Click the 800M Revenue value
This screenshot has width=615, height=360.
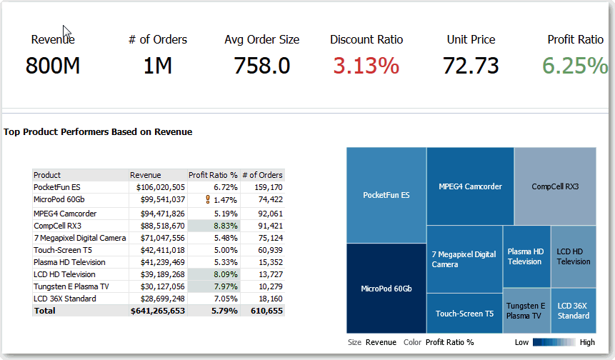[x=53, y=66]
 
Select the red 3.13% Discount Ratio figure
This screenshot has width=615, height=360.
[x=366, y=66]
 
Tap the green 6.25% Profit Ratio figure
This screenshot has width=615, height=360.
[x=574, y=66]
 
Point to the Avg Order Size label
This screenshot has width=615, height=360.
[x=261, y=40]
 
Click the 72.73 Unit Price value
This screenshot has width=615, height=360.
[x=471, y=66]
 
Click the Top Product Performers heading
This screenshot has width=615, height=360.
[x=98, y=132]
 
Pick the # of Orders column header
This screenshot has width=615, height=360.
[x=263, y=175]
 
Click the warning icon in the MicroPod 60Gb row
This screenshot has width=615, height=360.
[x=208, y=200]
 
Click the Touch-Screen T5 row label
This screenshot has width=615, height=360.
[x=63, y=250]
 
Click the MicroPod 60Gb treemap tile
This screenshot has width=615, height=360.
[x=386, y=289]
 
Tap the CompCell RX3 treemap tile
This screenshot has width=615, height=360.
[x=555, y=186]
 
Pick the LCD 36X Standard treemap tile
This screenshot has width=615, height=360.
[x=574, y=310]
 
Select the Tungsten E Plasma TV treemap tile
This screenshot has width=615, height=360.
[x=526, y=310]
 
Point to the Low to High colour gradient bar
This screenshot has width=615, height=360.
[x=554, y=342]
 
